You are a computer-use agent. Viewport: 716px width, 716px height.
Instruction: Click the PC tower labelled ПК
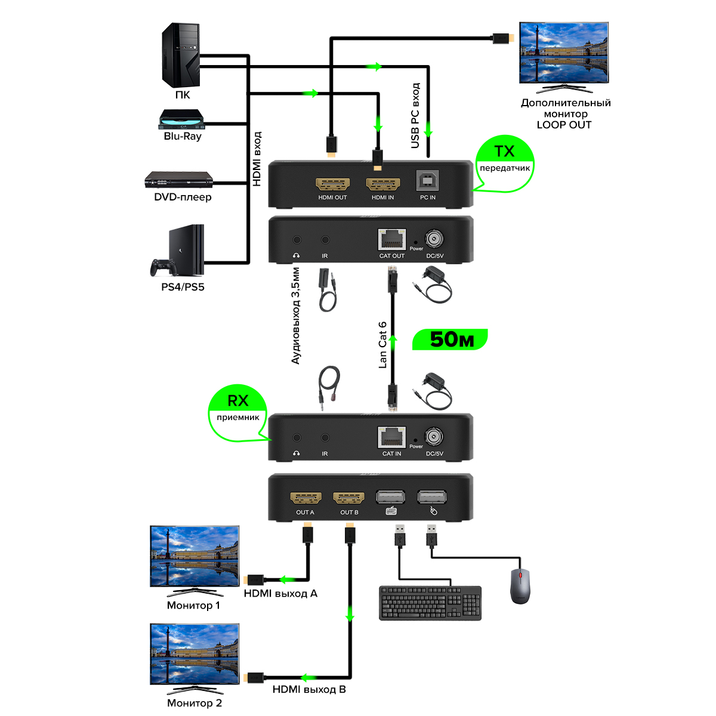[x=181, y=55]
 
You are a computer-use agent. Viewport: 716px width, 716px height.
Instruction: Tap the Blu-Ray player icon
[x=181, y=119]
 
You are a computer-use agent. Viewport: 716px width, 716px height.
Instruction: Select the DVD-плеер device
[x=179, y=180]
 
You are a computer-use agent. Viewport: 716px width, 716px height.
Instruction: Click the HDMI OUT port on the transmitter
[x=332, y=184]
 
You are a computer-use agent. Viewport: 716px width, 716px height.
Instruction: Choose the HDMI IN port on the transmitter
[x=382, y=184]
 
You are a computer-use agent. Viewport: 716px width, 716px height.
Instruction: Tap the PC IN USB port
[x=428, y=181]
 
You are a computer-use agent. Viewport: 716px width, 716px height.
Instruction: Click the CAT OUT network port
[x=392, y=240]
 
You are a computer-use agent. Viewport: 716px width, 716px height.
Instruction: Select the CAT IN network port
[x=392, y=437]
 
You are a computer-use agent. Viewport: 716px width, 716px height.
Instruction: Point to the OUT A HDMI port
[x=305, y=498]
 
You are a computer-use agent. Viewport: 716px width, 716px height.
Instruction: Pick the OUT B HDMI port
[x=349, y=498]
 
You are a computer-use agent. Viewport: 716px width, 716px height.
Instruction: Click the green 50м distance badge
[x=451, y=340]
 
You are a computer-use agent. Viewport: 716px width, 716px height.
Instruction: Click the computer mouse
[x=520, y=585]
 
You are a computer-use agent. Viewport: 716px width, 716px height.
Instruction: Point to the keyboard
[x=430, y=603]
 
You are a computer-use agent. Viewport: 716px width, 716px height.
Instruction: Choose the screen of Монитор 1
[x=195, y=556]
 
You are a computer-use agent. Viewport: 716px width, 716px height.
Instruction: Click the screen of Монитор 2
[x=195, y=654]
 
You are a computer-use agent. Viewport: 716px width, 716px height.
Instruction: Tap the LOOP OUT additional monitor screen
[x=564, y=53]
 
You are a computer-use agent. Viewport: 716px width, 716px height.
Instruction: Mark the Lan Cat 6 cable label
[x=382, y=345]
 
